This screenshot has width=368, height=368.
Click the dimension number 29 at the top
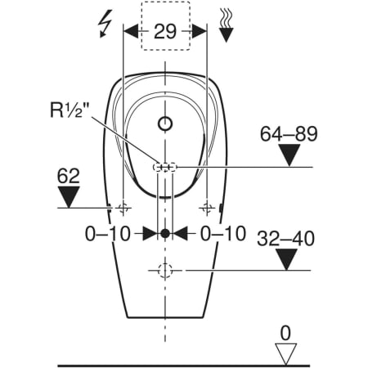click(165, 31)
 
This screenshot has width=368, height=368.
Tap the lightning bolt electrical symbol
click(105, 24)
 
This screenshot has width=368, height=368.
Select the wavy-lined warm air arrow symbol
click(226, 26)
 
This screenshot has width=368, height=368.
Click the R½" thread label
click(70, 110)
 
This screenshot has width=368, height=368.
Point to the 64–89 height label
click(289, 134)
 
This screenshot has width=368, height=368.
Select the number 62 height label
click(68, 176)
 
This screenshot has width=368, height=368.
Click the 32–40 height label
click(285, 239)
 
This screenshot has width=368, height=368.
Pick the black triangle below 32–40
click(286, 259)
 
